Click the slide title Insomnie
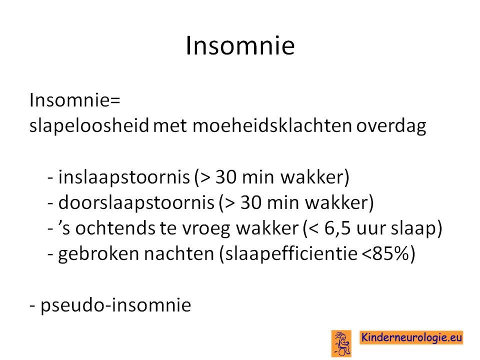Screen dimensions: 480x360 point(240,45)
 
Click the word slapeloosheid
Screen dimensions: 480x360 point(89,125)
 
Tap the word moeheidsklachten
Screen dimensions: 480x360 point(272,125)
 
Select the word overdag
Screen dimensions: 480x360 point(391,126)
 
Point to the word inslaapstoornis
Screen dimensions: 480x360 point(124,177)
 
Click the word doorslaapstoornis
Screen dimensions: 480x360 point(136,202)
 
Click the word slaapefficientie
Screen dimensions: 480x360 point(291,254)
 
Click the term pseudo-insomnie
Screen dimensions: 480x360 point(115,305)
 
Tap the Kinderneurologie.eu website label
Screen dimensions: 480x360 point(411,337)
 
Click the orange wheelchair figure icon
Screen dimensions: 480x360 point(341,343)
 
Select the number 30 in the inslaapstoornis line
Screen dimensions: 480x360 point(225,177)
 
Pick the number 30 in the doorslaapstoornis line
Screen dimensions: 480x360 point(250,202)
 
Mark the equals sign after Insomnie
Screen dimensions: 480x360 point(115,101)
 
